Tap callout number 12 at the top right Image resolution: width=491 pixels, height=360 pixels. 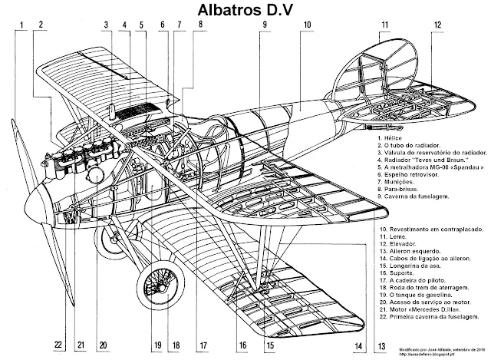coord(436,24)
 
